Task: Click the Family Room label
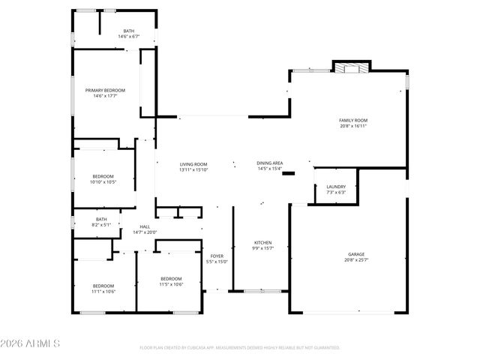353,120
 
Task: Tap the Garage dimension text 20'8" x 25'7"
356,260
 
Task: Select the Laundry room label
336,187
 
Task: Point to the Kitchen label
262,242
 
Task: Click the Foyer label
216,256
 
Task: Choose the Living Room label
193,164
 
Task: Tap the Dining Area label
270,163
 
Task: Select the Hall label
145,226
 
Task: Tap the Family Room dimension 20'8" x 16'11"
353,126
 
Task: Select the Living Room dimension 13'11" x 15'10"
193,169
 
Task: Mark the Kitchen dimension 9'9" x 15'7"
262,248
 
